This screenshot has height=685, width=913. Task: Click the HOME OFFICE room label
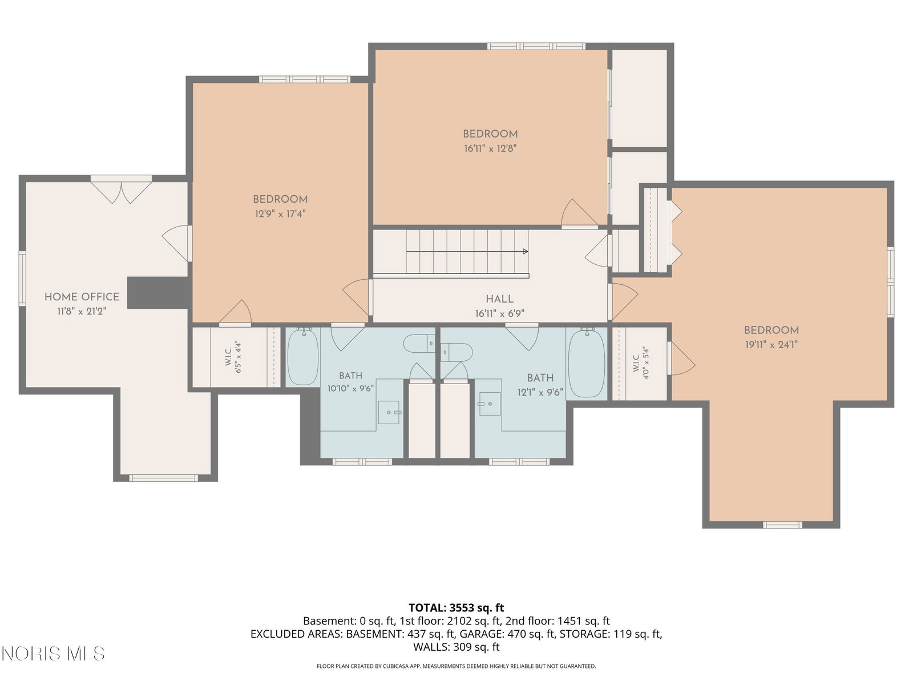click(82, 296)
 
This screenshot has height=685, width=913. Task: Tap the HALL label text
click(499, 299)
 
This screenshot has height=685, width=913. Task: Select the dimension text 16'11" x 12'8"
click(490, 148)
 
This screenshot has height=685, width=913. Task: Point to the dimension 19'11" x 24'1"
click(771, 344)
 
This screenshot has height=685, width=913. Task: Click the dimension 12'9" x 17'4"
click(280, 213)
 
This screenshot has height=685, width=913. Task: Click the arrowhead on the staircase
click(526, 251)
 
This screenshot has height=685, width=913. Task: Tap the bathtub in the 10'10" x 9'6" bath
click(303, 357)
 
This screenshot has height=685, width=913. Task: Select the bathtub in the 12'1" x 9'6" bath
click(587, 362)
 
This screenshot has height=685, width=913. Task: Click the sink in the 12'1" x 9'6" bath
click(490, 404)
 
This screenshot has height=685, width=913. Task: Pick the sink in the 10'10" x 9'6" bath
click(389, 412)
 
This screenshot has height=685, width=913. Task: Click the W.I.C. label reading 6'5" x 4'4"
click(233, 357)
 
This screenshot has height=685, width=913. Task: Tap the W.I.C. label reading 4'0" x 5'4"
click(641, 362)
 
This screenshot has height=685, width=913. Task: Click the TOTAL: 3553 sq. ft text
click(457, 607)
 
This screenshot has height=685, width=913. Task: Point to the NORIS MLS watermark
click(53, 654)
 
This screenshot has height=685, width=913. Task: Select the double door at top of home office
click(121, 190)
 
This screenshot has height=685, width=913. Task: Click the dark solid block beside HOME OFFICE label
click(159, 293)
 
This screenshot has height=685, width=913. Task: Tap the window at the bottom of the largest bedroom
click(782, 525)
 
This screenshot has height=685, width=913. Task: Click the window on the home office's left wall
click(22, 278)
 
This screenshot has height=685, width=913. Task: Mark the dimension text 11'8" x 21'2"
click(82, 311)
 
